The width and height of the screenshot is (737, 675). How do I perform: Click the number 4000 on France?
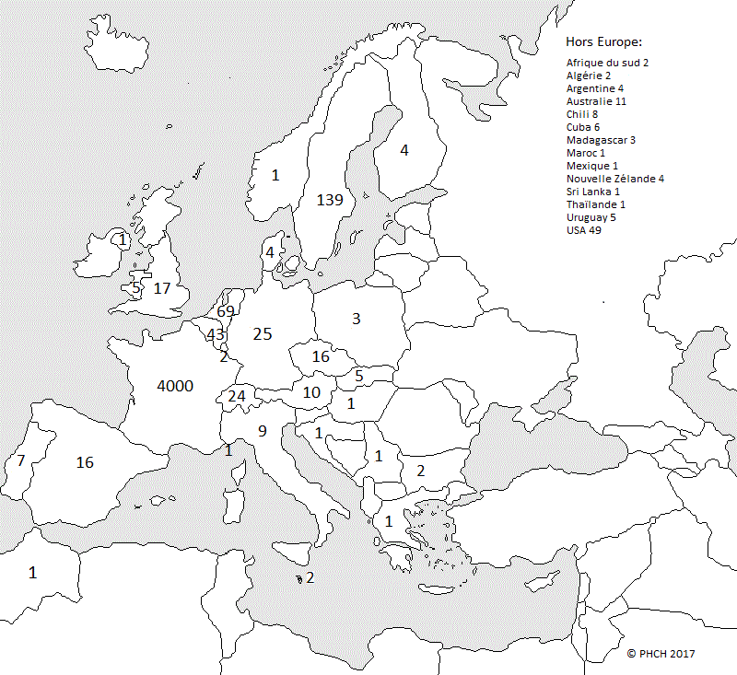pos(175,386)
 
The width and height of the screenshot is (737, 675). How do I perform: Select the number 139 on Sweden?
pos(329,200)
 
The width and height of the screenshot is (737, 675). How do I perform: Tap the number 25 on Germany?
pos(263,334)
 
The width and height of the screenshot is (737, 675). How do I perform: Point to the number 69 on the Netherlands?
pos(226,312)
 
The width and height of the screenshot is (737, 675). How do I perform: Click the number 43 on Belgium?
pos(216,334)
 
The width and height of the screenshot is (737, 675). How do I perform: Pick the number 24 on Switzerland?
pos(237,396)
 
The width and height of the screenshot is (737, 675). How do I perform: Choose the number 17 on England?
pos(162,288)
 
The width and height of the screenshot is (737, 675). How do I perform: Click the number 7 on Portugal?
pos(20,460)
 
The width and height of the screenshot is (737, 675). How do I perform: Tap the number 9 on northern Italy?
pos(262,430)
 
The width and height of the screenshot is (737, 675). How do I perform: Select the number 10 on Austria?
pos(311,393)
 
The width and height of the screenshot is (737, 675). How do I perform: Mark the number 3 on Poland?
pos(356,319)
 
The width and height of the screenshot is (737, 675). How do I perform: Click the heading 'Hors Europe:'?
pos(603,42)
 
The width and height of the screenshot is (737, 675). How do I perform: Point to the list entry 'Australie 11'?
pos(596,100)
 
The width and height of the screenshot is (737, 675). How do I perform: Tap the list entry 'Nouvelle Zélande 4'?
pos(614,179)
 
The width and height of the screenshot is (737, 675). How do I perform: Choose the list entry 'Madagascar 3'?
pos(601,140)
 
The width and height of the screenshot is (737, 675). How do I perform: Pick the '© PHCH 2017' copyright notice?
pos(661,653)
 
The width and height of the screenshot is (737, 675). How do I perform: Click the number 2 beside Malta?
pos(310,578)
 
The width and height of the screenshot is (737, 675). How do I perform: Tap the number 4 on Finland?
pos(404,150)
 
